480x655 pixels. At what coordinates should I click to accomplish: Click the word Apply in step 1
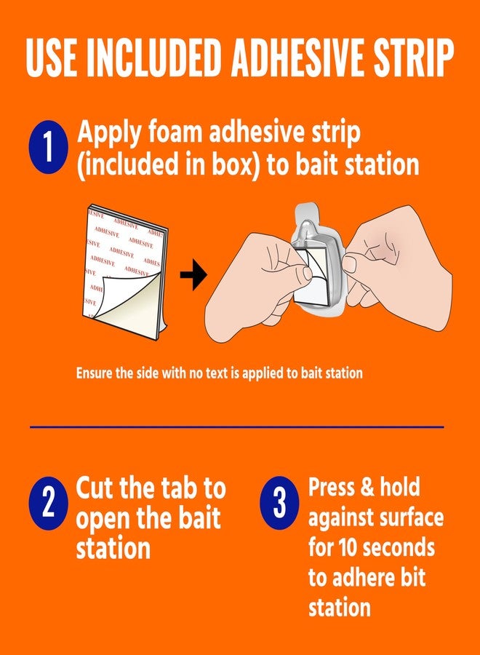[x=108, y=135]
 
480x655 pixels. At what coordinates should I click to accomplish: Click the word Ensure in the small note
[x=95, y=373]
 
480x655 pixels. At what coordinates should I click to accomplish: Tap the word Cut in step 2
[x=99, y=488]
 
